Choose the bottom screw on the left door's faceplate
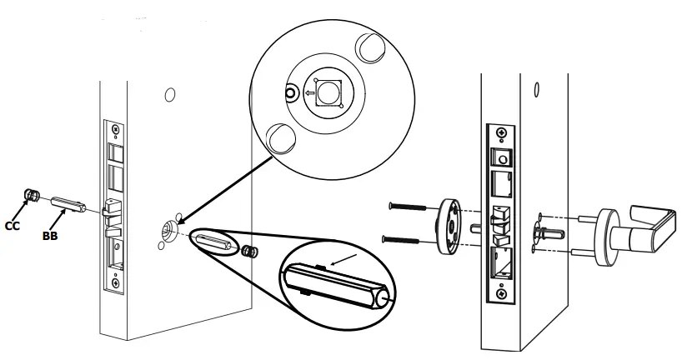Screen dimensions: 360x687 point(115,282)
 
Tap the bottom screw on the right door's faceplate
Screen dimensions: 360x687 point(500,292)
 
